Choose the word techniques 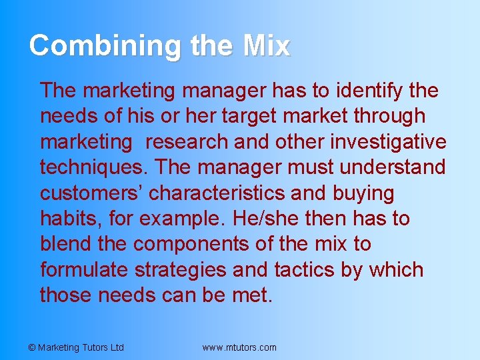[90, 167]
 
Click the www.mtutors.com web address [239, 347]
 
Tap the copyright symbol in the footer [32, 347]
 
